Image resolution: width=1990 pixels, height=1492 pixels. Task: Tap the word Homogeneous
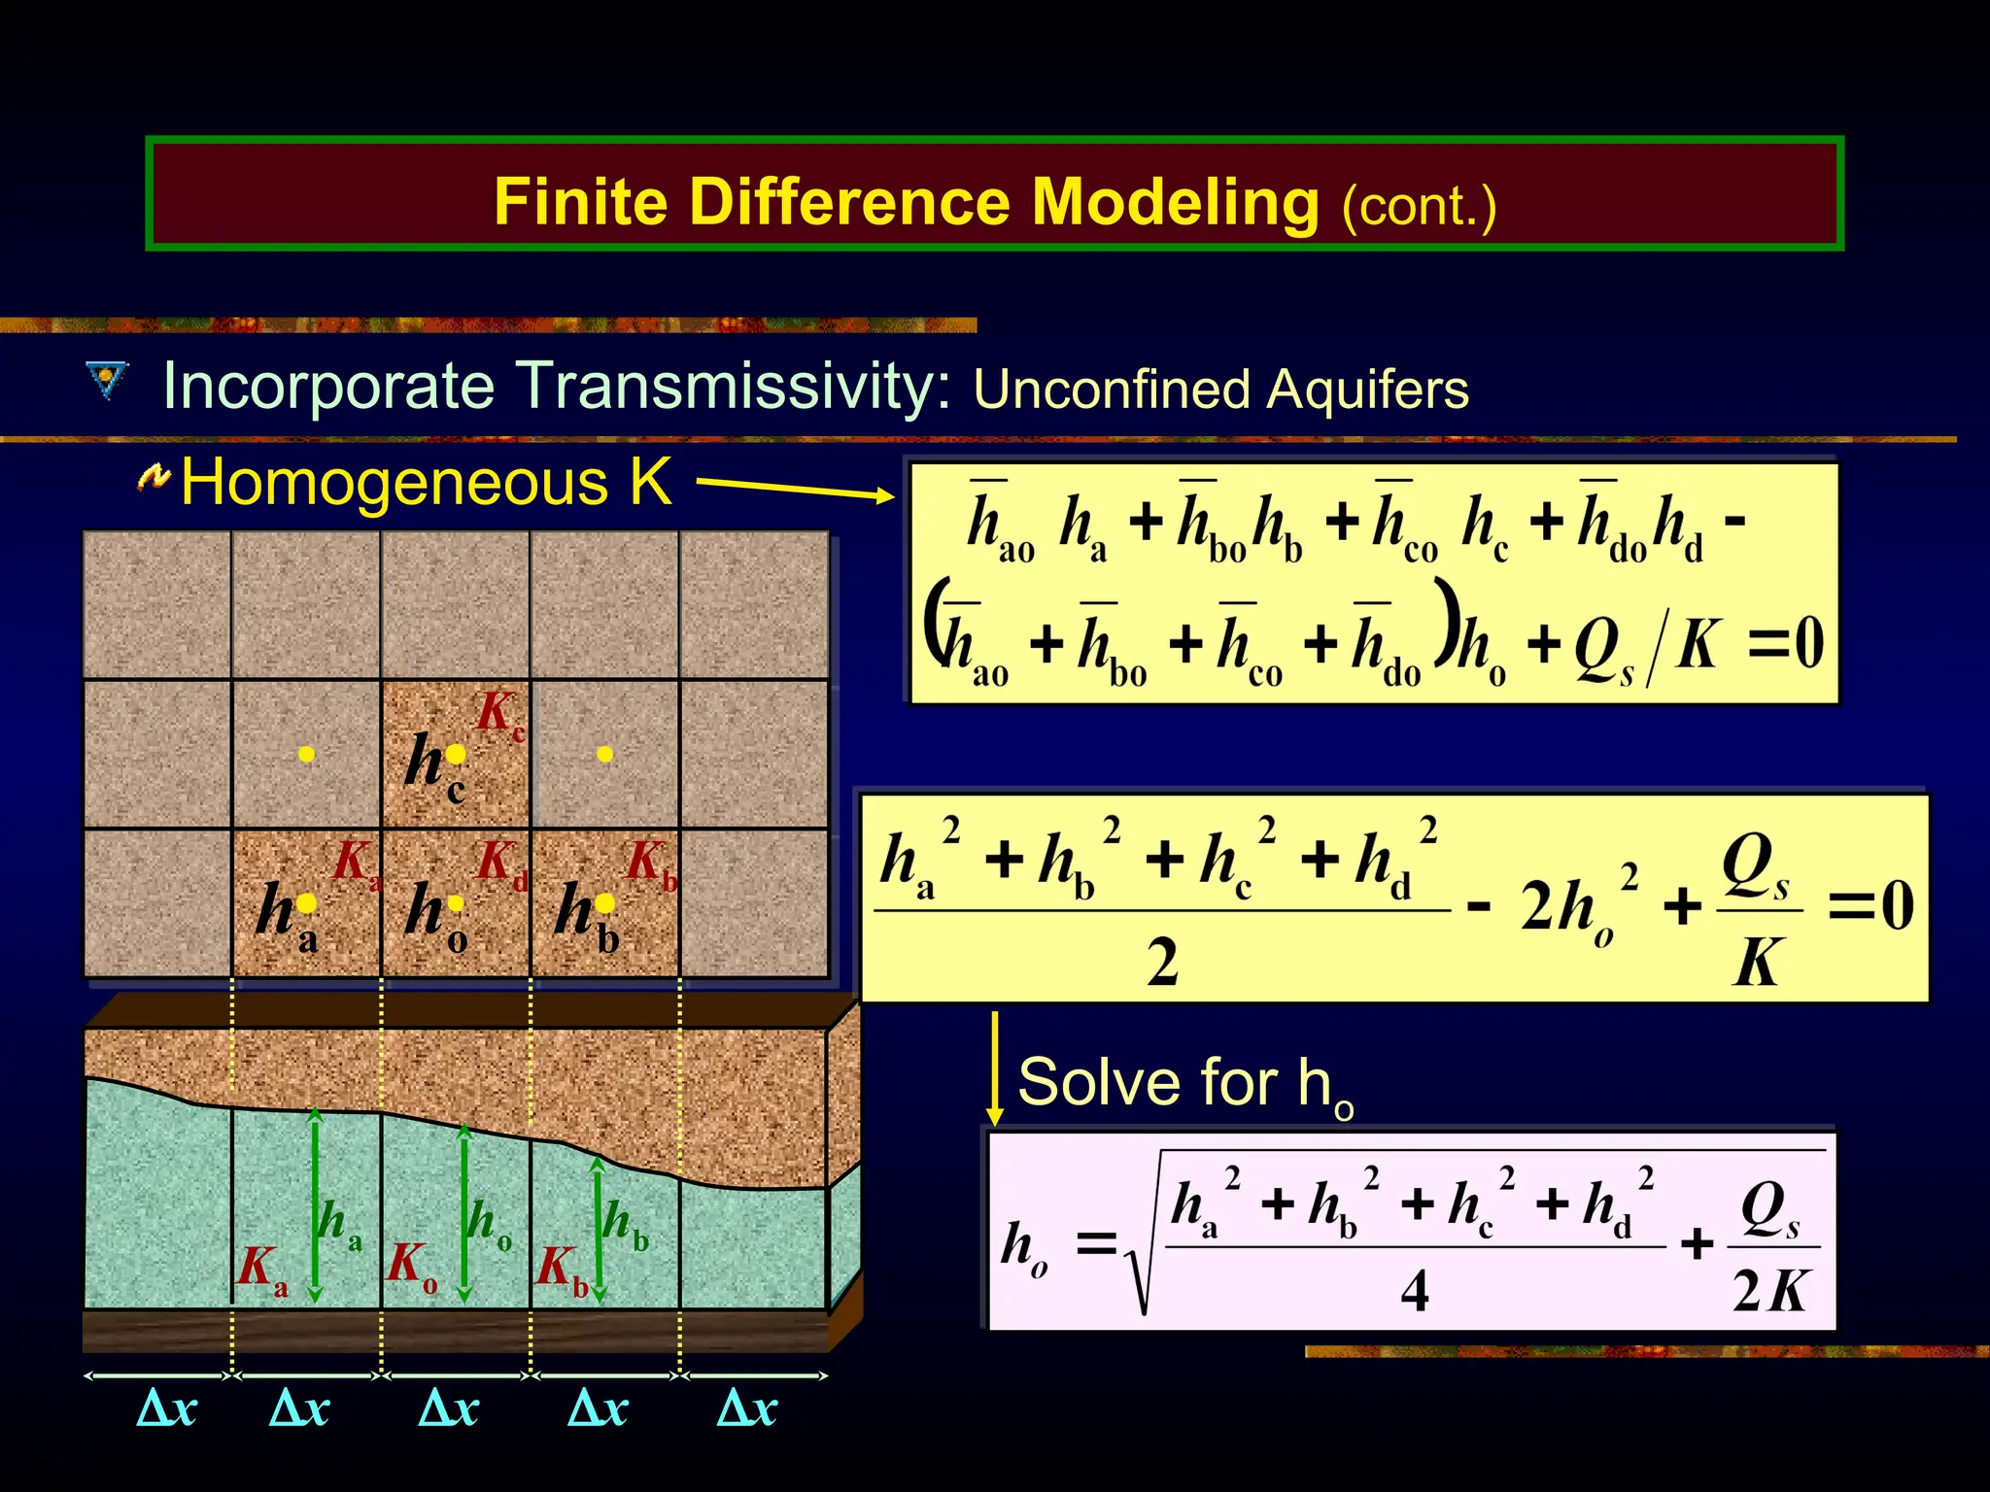[395, 482]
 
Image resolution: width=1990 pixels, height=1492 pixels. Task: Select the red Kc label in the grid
[499, 715]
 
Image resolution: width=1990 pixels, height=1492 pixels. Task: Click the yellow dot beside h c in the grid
[456, 755]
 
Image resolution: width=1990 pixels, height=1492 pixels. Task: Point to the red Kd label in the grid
[501, 863]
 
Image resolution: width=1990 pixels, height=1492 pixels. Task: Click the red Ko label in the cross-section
[412, 1268]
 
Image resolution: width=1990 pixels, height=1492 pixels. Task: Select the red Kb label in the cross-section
[562, 1270]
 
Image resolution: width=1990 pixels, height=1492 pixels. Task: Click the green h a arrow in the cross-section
[315, 1204]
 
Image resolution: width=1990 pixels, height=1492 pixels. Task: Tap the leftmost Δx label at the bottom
[167, 1408]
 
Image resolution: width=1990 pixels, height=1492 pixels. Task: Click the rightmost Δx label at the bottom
[746, 1408]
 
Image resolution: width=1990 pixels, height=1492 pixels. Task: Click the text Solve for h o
[1184, 1084]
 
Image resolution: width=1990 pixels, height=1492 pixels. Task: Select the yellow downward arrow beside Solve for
[994, 1068]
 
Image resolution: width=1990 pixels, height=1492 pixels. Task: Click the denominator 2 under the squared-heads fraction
[1162, 963]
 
